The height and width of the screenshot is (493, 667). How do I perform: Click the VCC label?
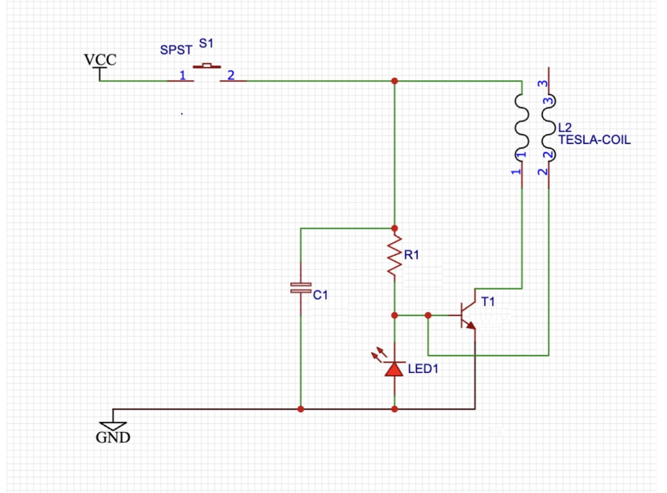pos(100,60)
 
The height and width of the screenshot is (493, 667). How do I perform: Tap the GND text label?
pos(113,437)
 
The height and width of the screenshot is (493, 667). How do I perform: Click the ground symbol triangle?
pos(113,426)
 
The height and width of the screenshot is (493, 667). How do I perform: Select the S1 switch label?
pos(206,43)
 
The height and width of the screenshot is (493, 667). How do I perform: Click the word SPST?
pos(176,50)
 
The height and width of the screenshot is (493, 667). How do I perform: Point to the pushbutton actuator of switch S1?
pos(207,65)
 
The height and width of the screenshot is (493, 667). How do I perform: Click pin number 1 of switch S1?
pos(182,75)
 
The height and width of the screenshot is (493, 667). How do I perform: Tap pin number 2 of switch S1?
pos(231,75)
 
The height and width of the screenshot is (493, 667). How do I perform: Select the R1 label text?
pos(411,255)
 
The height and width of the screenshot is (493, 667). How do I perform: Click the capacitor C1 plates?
pos(301,288)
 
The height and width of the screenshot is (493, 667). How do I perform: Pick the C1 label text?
pos(320,295)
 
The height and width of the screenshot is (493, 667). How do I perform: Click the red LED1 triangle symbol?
pos(394,369)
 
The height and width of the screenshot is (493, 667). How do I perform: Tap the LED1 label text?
pos(423,369)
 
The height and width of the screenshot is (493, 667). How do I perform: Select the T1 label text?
pos(488,302)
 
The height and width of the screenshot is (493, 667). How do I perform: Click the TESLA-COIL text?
pos(594,140)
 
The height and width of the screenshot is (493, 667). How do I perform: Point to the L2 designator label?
pos(565,128)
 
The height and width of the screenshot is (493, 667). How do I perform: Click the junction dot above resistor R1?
pos(394,228)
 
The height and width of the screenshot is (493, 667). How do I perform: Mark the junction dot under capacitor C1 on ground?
pos(301,409)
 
